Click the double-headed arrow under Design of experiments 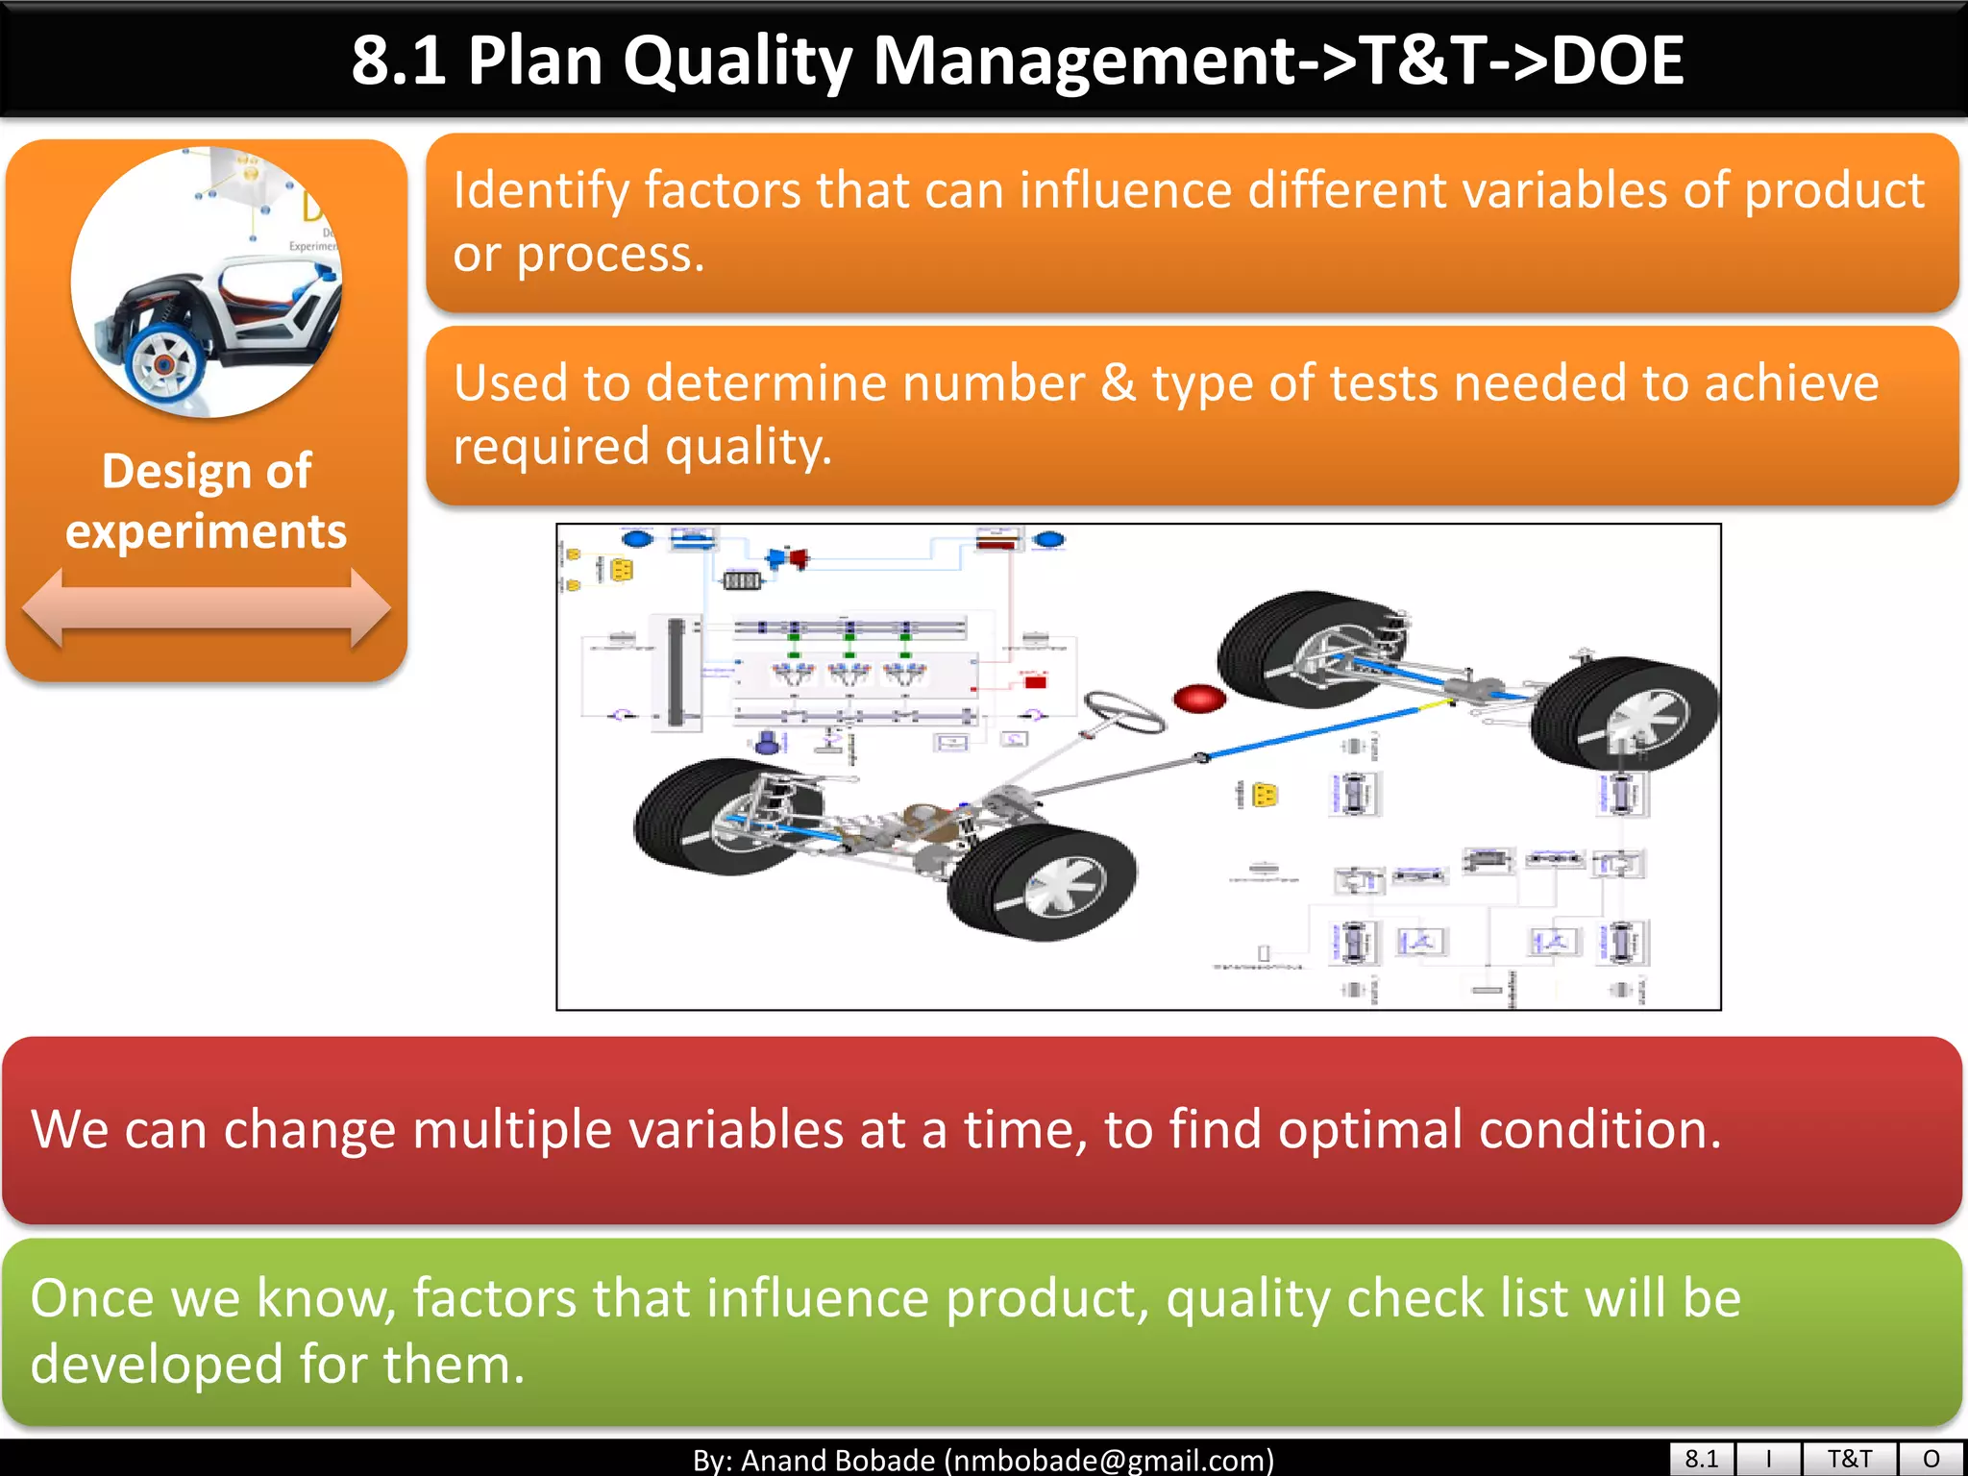pyautogui.click(x=206, y=608)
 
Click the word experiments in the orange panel pyautogui.click(x=206, y=531)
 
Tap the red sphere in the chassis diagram pyautogui.click(x=1200, y=699)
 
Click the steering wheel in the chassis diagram pyautogui.click(x=1123, y=713)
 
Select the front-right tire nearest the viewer pyautogui.click(x=1043, y=882)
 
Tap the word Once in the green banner pyautogui.click(x=92, y=1299)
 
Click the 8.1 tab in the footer pyautogui.click(x=1701, y=1459)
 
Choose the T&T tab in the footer pyautogui.click(x=1849, y=1459)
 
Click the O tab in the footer pyautogui.click(x=1931, y=1459)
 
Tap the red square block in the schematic pyautogui.click(x=1035, y=682)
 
